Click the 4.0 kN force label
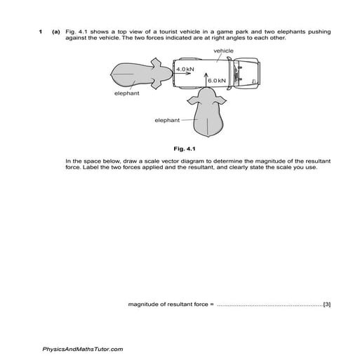tap(185, 70)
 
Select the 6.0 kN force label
tap(217, 81)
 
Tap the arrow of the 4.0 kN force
tap(187, 75)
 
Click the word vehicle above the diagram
tap(223, 51)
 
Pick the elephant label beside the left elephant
tap(127, 93)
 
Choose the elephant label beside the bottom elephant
tap(167, 120)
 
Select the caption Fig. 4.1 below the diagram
tap(192, 148)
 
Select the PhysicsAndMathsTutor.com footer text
tap(83, 349)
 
